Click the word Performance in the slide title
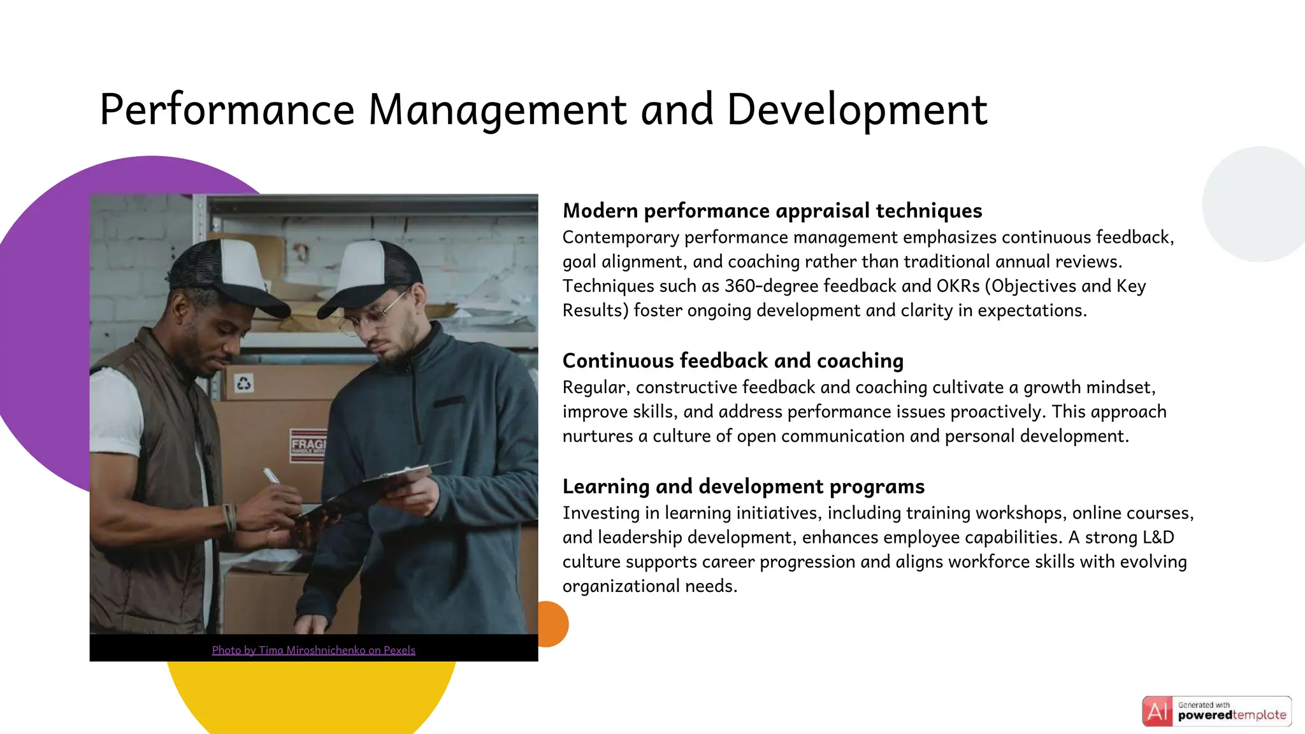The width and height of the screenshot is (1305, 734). click(227, 110)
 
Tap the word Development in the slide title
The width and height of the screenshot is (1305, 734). click(857, 110)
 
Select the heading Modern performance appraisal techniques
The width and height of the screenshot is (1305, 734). click(772, 211)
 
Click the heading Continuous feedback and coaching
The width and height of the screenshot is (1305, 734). click(733, 361)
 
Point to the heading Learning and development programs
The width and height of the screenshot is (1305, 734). click(743, 487)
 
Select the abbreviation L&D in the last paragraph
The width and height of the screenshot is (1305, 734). click(1158, 538)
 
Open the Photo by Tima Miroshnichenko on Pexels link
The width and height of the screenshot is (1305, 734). click(314, 651)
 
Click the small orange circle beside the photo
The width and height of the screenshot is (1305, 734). click(553, 624)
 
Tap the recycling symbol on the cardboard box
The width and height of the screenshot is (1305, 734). click(244, 384)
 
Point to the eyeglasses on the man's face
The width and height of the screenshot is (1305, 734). click(373, 315)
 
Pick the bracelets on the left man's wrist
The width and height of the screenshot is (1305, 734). click(229, 517)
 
